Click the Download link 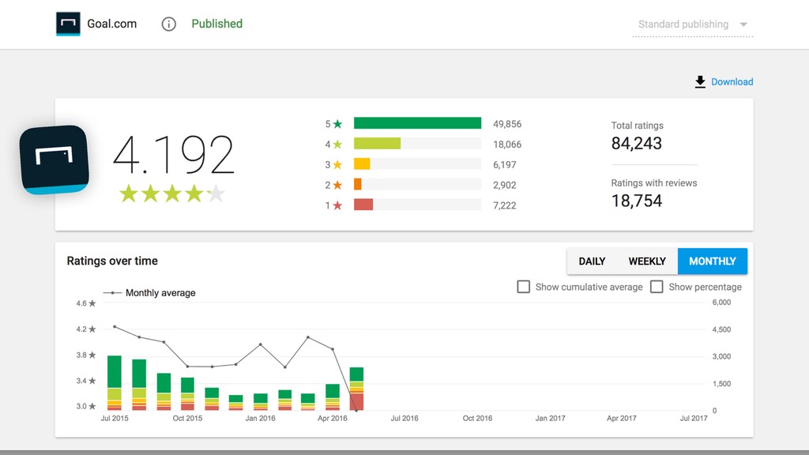(x=724, y=81)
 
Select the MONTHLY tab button (x=713, y=261)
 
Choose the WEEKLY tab (x=647, y=261)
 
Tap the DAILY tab (x=592, y=261)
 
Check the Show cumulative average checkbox (x=523, y=287)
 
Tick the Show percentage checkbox (x=657, y=287)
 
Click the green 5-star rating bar (x=417, y=123)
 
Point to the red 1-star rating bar (x=363, y=205)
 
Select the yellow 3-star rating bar (x=362, y=164)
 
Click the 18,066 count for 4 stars (x=507, y=145)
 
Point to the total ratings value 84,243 (x=636, y=144)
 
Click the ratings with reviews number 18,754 (x=636, y=201)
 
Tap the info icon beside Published (x=169, y=24)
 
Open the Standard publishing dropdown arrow (x=743, y=24)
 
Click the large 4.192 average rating (x=173, y=154)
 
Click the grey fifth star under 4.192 (x=216, y=194)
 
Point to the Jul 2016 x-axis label (x=404, y=418)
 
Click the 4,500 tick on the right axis (x=721, y=329)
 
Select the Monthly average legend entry (x=149, y=292)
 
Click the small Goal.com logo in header (x=68, y=24)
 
